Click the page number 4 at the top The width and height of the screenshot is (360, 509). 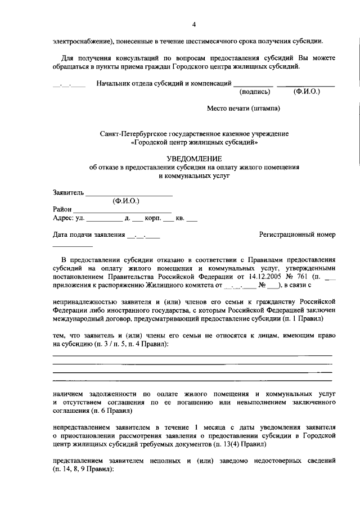pyautogui.click(x=194, y=25)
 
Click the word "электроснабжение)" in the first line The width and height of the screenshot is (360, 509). pyautogui.click(x=82, y=41)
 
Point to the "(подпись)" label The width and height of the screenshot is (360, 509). pyautogui.click(x=254, y=91)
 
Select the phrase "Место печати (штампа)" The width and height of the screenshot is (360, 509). pyautogui.click(x=243, y=107)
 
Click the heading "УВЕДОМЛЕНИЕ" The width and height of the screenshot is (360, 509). pyautogui.click(x=194, y=159)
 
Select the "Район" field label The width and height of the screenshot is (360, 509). pyautogui.click(x=62, y=209)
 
